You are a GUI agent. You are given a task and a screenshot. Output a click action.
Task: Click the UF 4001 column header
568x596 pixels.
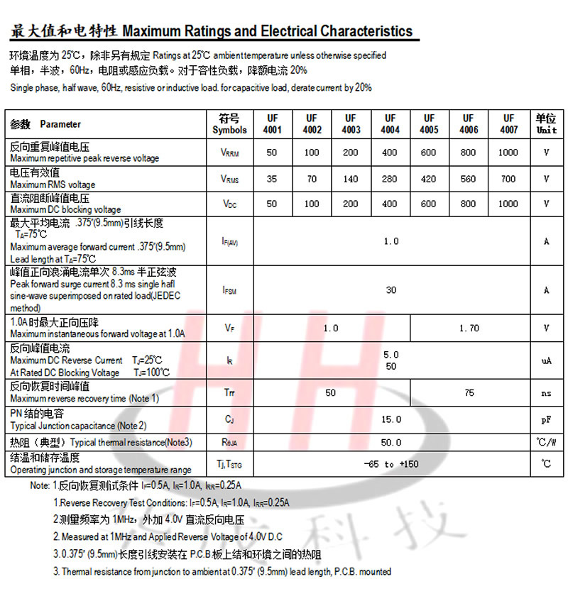(273, 124)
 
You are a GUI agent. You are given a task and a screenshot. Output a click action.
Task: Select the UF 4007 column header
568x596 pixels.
(508, 124)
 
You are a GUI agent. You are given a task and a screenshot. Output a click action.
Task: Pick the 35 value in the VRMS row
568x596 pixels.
(273, 179)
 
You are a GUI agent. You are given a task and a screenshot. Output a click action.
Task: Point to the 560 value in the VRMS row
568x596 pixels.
(469, 179)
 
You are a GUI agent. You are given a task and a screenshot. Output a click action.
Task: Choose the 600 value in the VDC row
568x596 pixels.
(429, 204)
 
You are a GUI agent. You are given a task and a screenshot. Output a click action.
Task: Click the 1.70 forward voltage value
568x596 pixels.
(469, 328)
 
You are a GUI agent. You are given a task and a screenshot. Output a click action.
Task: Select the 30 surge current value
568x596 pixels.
(391, 289)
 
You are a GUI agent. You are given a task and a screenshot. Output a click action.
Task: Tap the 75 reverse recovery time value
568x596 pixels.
(469, 392)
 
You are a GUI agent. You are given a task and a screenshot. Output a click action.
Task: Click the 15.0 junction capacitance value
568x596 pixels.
(391, 419)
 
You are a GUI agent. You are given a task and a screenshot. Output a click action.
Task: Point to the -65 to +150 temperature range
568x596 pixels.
(391, 464)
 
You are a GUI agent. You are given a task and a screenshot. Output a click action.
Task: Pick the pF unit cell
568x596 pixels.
(546, 419)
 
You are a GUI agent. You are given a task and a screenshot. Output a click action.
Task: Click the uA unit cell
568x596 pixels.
(546, 360)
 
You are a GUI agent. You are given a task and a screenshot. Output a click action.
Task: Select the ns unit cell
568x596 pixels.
(546, 392)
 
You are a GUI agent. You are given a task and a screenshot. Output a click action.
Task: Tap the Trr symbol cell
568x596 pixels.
(229, 392)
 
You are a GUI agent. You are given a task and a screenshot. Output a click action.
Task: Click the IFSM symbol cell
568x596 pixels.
(229, 290)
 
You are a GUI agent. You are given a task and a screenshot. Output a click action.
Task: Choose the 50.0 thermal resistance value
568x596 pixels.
(391, 442)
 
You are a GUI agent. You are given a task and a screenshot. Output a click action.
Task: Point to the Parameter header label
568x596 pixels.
(60, 124)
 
